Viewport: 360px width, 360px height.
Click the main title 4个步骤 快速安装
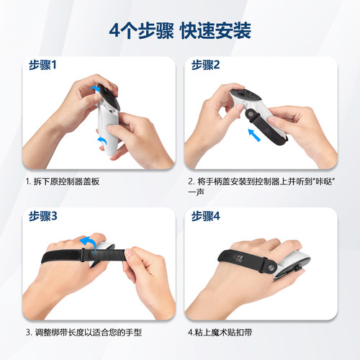(x=179, y=31)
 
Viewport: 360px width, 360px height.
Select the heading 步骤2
(x=206, y=65)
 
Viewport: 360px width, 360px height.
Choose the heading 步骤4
(x=206, y=216)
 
